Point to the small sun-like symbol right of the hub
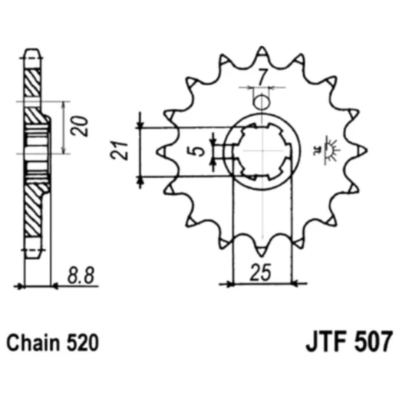click(331, 145)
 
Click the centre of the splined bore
click(262, 150)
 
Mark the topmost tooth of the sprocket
click(262, 52)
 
